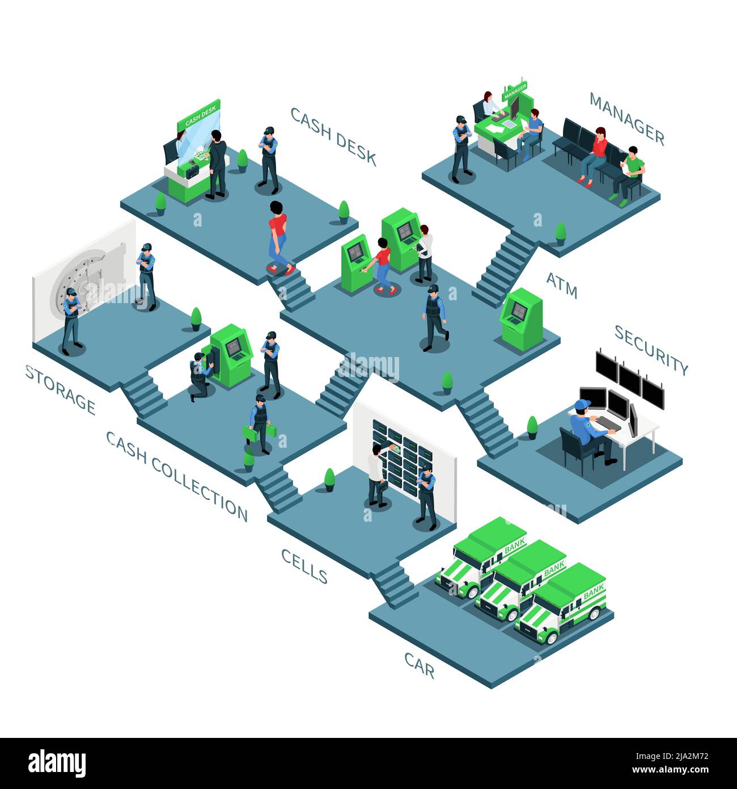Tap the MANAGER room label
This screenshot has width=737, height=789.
click(x=626, y=117)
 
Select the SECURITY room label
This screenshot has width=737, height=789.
click(x=651, y=350)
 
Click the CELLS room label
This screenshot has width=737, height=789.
click(x=304, y=565)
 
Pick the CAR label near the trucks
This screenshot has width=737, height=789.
click(x=420, y=665)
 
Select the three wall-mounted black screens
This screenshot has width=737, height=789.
click(x=629, y=377)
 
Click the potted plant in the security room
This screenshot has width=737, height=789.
click(x=532, y=427)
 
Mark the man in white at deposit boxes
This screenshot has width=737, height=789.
click(x=375, y=476)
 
